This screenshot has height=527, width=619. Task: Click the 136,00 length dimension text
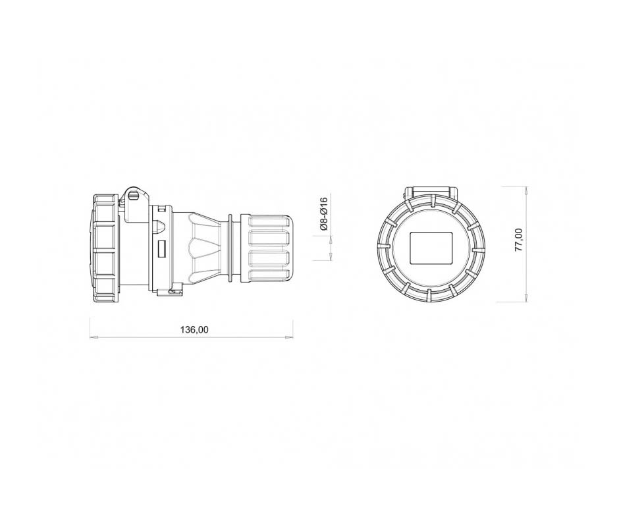tap(194, 329)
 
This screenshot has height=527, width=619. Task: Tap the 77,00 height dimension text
tap(519, 240)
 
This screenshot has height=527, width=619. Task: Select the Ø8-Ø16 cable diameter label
tap(324, 213)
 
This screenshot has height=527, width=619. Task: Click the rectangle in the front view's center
tap(431, 248)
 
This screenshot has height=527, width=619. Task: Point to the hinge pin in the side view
tap(134, 195)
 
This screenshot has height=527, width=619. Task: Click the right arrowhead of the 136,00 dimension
tap(289, 337)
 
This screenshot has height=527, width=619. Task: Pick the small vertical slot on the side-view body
tap(161, 249)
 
